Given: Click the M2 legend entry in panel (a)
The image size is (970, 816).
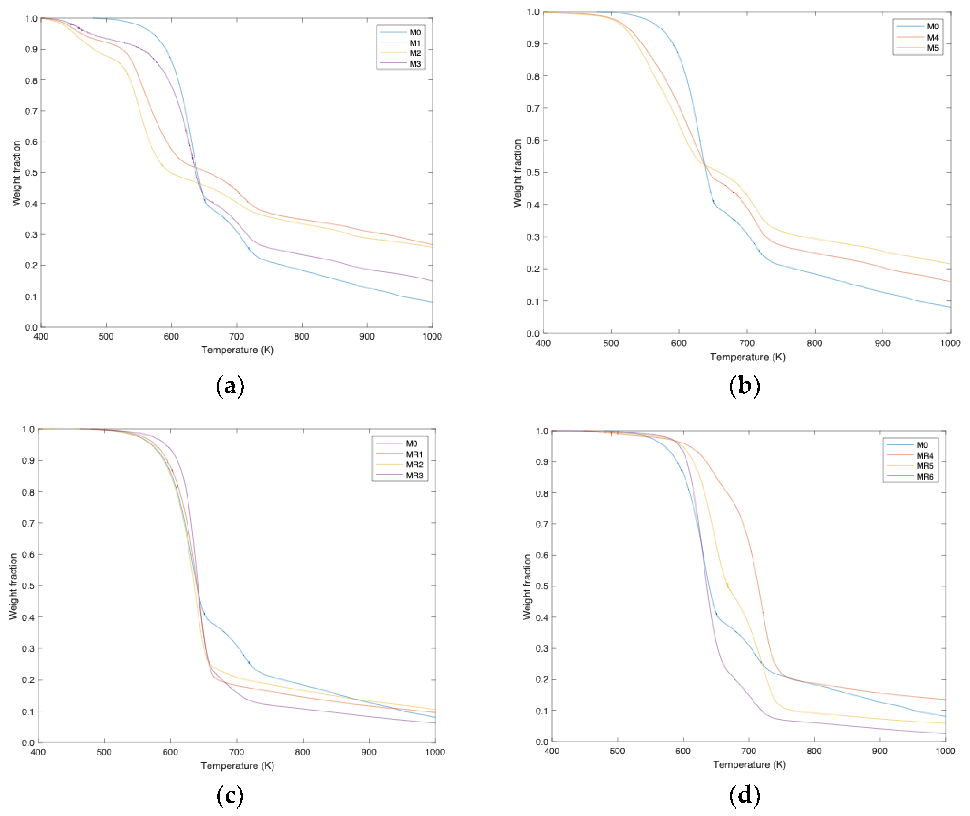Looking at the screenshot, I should coord(415,53).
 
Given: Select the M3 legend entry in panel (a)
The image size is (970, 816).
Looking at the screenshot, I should coord(415,64).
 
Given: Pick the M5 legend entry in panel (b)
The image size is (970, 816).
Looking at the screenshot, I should coord(932,48).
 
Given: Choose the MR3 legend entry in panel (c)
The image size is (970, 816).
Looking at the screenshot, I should coord(414,475).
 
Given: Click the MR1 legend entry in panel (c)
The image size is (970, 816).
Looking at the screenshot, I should coord(414,454).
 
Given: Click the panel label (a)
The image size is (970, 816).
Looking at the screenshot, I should coord(230,386).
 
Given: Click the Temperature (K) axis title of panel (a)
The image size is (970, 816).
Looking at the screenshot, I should coord(237,350).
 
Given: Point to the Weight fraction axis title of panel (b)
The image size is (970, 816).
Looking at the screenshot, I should coord(517,173).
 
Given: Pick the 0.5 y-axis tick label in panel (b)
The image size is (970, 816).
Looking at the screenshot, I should coord(533,173).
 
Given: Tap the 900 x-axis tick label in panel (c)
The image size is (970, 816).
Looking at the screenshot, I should coord(369,752).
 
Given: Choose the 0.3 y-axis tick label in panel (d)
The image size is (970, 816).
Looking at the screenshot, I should coord(542,649).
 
